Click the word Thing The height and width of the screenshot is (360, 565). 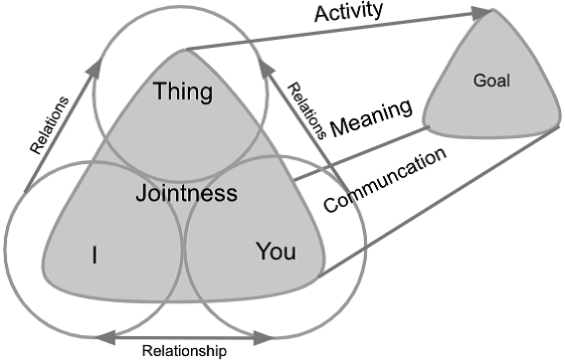184,92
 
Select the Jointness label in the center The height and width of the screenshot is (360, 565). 186,192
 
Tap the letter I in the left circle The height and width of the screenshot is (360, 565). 94,256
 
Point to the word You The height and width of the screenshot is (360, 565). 276,252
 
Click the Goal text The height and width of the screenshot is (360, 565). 491,81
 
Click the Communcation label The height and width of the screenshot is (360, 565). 384,180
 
